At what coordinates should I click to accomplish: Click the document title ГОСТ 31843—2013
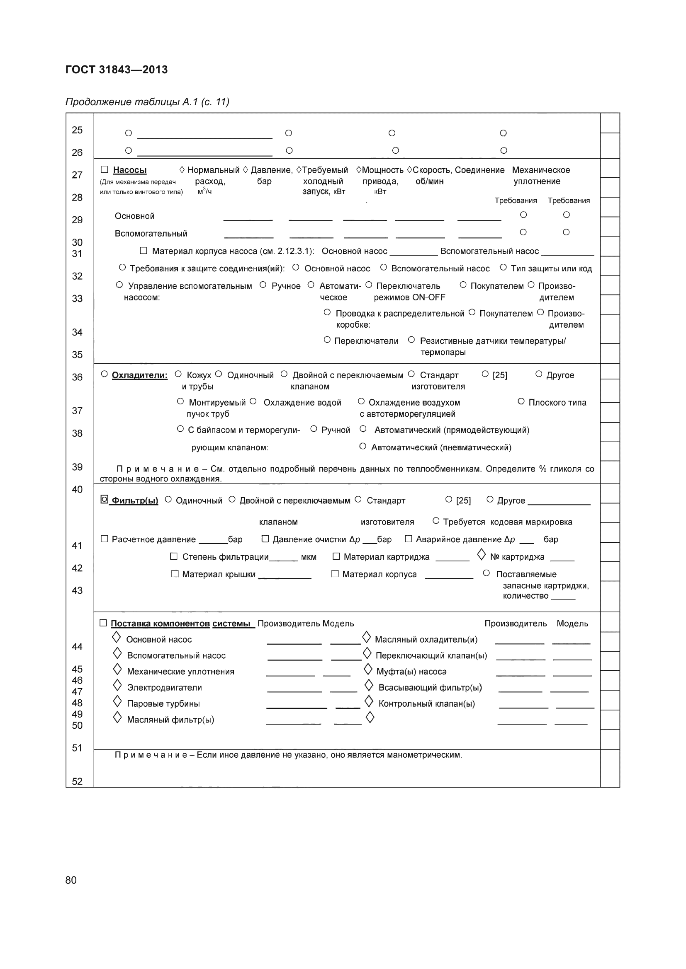coord(117,70)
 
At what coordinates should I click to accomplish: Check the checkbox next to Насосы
coord(105,170)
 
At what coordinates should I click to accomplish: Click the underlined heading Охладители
coord(139,375)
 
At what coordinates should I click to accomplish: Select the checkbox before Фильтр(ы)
coord(105,499)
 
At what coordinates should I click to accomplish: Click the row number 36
coord(77,377)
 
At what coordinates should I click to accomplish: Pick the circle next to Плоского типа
coord(521,401)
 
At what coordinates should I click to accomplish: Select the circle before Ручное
coord(263,285)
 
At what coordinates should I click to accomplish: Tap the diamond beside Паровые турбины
coord(117,701)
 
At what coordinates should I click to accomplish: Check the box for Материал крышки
coord(175,573)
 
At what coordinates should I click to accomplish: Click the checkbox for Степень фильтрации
coord(173,556)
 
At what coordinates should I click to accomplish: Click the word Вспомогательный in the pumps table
coord(151,234)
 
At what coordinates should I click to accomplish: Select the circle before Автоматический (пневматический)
coord(362,446)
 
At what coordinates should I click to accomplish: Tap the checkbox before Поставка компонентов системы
coord(103,623)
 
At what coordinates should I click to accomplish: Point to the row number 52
coord(77,781)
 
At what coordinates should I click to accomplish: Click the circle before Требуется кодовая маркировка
coord(436,521)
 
